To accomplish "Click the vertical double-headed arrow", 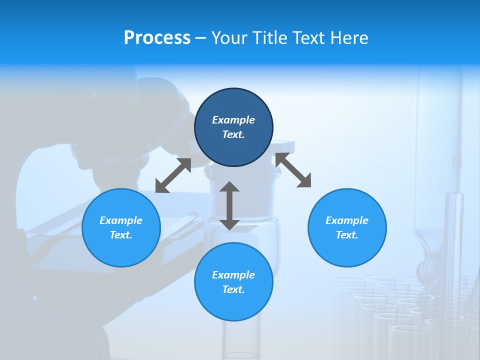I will pyautogui.click(x=229, y=205).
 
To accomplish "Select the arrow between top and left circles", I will pyautogui.click(x=173, y=175).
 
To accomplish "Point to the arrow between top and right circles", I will pyautogui.click(x=293, y=170).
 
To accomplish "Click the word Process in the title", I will pyautogui.click(x=157, y=38).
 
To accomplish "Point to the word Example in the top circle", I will pyautogui.click(x=233, y=120).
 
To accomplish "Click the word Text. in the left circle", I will pyautogui.click(x=121, y=235).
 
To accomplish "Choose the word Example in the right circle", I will pyautogui.click(x=347, y=220).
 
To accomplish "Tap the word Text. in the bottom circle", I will pyautogui.click(x=233, y=289).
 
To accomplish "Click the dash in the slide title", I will pyautogui.click(x=201, y=38).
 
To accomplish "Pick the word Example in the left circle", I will pyautogui.click(x=121, y=220).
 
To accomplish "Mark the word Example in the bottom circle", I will pyautogui.click(x=233, y=275).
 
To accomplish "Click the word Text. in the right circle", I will pyautogui.click(x=347, y=235).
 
